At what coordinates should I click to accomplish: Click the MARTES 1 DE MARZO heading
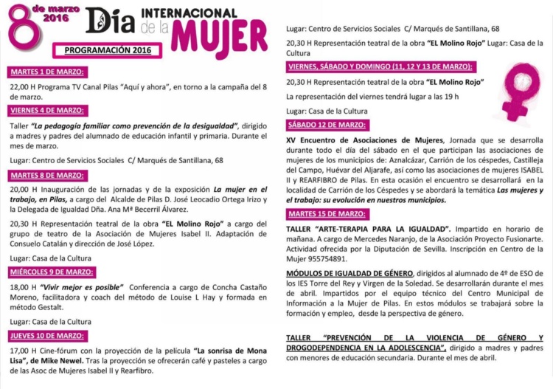(46, 72)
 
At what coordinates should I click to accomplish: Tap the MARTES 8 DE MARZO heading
(46, 175)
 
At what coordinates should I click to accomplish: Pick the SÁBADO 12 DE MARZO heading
(327, 125)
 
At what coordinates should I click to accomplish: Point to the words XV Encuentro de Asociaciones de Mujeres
(365, 140)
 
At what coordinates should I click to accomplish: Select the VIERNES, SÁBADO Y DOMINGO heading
(380, 66)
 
